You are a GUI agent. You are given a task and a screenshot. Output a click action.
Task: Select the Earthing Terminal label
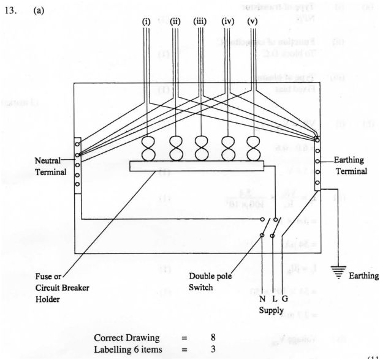(351, 167)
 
